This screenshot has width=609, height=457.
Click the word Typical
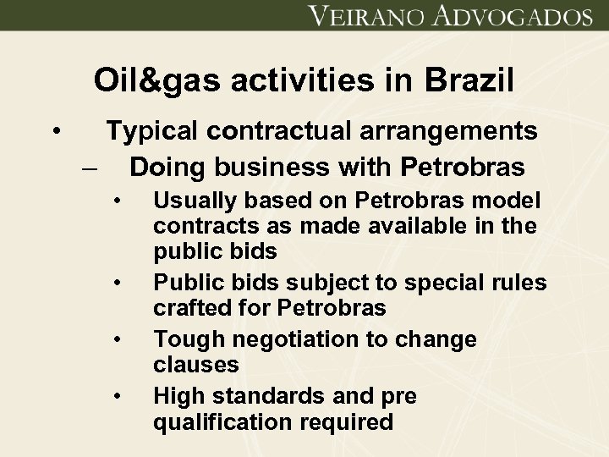pos(152,131)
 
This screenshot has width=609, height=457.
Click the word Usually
pos(194,201)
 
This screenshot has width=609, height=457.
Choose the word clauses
pos(196,366)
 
